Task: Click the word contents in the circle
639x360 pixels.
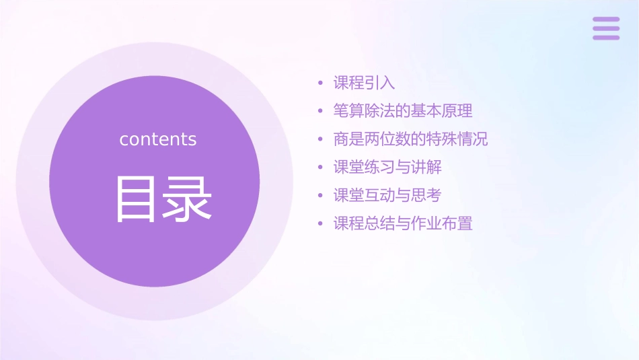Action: click(x=158, y=139)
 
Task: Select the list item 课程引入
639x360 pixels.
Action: click(x=364, y=83)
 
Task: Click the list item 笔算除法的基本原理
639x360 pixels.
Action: click(x=403, y=111)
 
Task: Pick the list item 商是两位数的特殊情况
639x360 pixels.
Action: click(x=410, y=139)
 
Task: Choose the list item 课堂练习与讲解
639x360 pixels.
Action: click(x=387, y=167)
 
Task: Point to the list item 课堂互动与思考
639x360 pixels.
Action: click(x=387, y=195)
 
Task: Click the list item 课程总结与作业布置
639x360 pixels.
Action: click(x=403, y=223)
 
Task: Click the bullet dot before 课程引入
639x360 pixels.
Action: click(x=321, y=84)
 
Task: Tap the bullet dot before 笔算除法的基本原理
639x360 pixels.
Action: click(x=321, y=112)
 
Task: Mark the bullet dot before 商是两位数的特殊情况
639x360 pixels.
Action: click(x=321, y=140)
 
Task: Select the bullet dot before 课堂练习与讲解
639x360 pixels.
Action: click(x=321, y=168)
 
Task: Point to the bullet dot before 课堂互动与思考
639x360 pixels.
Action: click(x=321, y=196)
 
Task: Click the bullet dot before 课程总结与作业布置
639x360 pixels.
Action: click(x=321, y=224)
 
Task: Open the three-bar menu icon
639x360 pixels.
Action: click(x=606, y=28)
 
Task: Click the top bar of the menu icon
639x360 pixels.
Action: click(x=606, y=20)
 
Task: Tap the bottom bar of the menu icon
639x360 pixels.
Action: click(x=606, y=38)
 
